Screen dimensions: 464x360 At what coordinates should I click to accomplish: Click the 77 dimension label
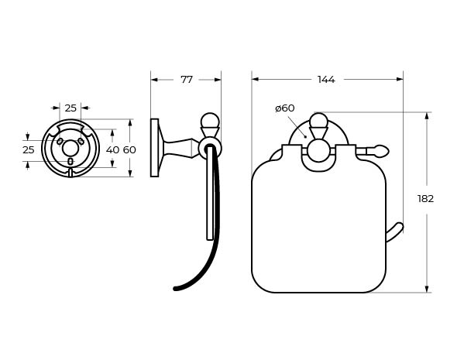187,79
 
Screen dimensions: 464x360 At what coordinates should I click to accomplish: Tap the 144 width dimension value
326,79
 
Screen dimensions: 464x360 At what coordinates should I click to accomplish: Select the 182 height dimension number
425,198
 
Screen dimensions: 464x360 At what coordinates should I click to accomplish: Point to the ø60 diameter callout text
284,108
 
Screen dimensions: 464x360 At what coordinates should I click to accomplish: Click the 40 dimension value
112,149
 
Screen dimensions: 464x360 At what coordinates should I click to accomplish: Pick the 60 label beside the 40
129,149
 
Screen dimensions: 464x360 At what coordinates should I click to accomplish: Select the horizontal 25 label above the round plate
70,108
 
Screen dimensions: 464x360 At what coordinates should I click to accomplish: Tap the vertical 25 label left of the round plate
29,149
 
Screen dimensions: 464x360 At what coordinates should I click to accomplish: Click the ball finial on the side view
210,120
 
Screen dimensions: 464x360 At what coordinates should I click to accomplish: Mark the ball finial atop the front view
318,121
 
